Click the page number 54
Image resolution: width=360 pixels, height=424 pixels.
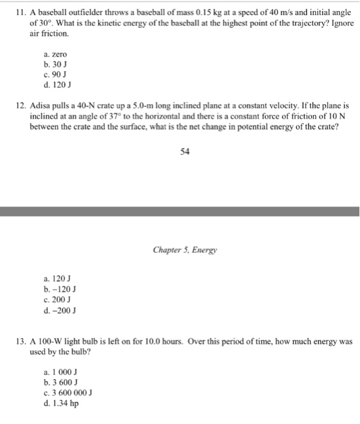(185, 152)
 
